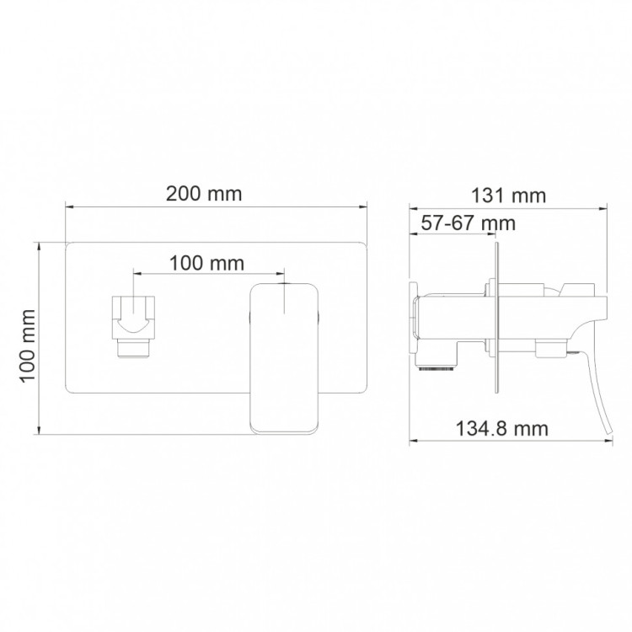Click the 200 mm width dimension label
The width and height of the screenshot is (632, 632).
tap(204, 194)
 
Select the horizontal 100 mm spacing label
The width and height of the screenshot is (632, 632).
tap(206, 264)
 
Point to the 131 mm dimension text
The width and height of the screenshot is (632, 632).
tap(509, 195)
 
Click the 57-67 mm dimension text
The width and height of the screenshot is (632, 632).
tap(469, 223)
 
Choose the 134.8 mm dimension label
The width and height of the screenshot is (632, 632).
tap(502, 428)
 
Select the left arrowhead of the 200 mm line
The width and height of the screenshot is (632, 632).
tap(69, 207)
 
